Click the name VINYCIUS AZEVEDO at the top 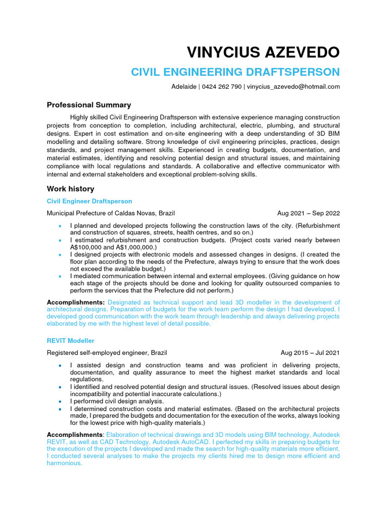coord(263,52)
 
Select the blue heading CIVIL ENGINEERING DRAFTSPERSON coord(235,72)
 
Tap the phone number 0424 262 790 coord(222,87)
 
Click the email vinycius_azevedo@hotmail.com coord(293,87)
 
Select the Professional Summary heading coord(89,105)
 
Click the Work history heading coord(70,189)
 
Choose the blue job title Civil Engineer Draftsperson coord(89,201)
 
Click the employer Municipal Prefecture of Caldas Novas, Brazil coord(111,213)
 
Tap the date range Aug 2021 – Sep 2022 coord(308,213)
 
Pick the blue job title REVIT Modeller coord(70,341)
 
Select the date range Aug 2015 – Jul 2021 coord(310,353)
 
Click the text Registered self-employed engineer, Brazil coord(107,353)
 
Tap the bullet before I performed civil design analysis coord(60,401)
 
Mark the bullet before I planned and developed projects coord(60,226)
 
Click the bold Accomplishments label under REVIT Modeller coord(75,434)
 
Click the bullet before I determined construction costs coord(60,409)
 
